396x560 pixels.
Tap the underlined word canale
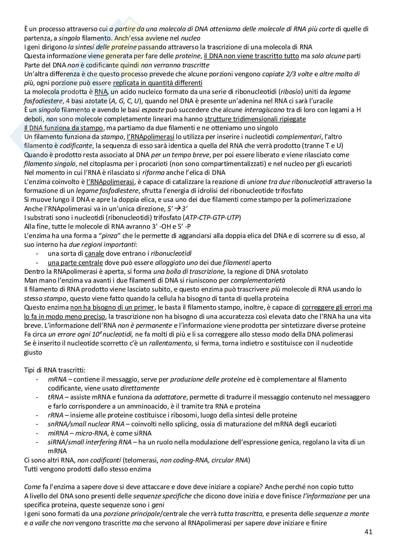tap(94, 254)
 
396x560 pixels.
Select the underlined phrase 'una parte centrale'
tap(75, 263)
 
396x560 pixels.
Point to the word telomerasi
tap(139, 460)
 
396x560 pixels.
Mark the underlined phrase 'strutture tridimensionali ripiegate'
tap(255, 119)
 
